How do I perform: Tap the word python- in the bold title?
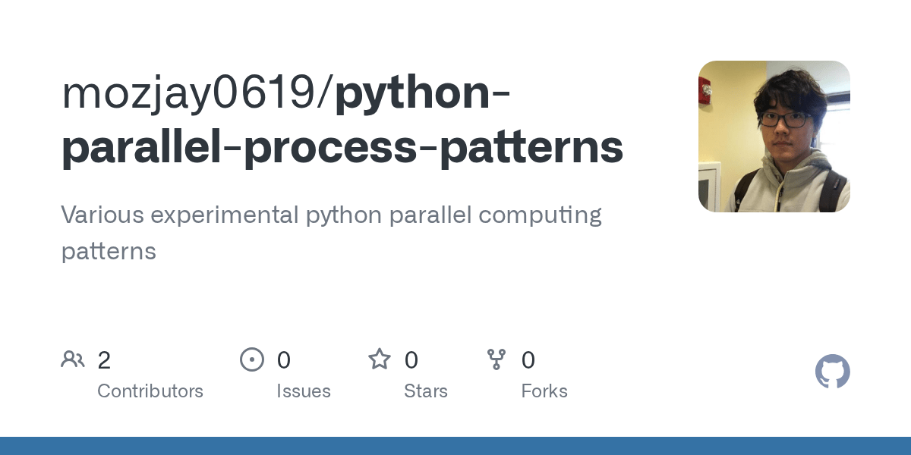point(422,94)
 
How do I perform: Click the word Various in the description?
point(102,215)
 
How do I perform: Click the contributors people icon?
point(73,359)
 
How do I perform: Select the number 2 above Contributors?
point(104,360)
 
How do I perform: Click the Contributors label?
point(150,391)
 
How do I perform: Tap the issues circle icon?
point(252,359)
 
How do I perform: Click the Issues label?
point(304,391)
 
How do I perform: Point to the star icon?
point(380,359)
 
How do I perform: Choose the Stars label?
point(426,391)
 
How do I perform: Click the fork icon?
point(496,359)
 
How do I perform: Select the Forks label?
point(544,391)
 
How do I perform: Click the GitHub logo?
point(832,372)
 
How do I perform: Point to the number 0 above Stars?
point(411,360)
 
